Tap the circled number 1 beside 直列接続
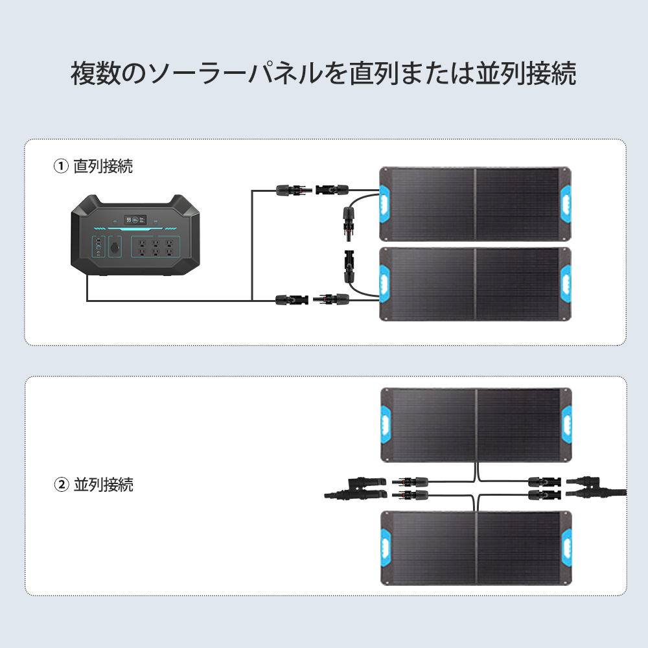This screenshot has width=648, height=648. (60, 167)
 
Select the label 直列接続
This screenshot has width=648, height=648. (103, 167)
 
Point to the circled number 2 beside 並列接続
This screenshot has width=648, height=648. (60, 484)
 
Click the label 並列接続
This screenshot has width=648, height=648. (103, 484)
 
